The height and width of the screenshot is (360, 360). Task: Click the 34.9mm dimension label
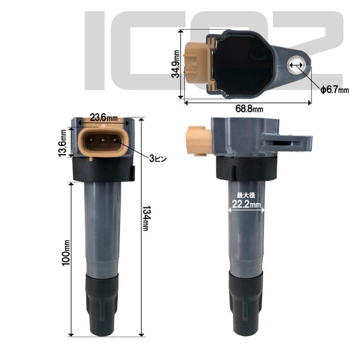174,64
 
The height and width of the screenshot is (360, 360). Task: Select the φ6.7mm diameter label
334,90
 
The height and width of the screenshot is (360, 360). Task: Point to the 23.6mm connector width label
103,118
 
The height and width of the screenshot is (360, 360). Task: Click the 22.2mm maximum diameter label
246,204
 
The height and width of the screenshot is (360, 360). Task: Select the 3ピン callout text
158,159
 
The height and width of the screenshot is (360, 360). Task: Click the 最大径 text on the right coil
246,195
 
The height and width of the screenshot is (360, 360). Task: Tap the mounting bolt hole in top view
296,64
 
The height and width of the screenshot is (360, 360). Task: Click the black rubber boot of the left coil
102,306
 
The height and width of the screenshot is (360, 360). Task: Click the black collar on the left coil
103,170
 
